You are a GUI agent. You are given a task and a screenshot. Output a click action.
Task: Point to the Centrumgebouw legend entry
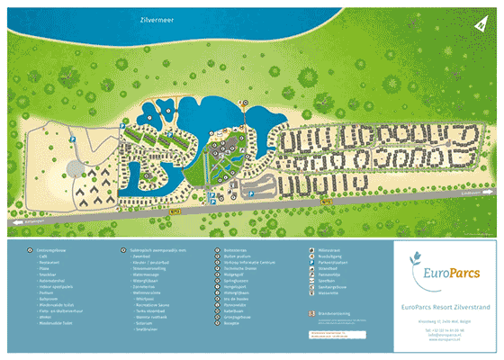[x=52, y=249]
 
